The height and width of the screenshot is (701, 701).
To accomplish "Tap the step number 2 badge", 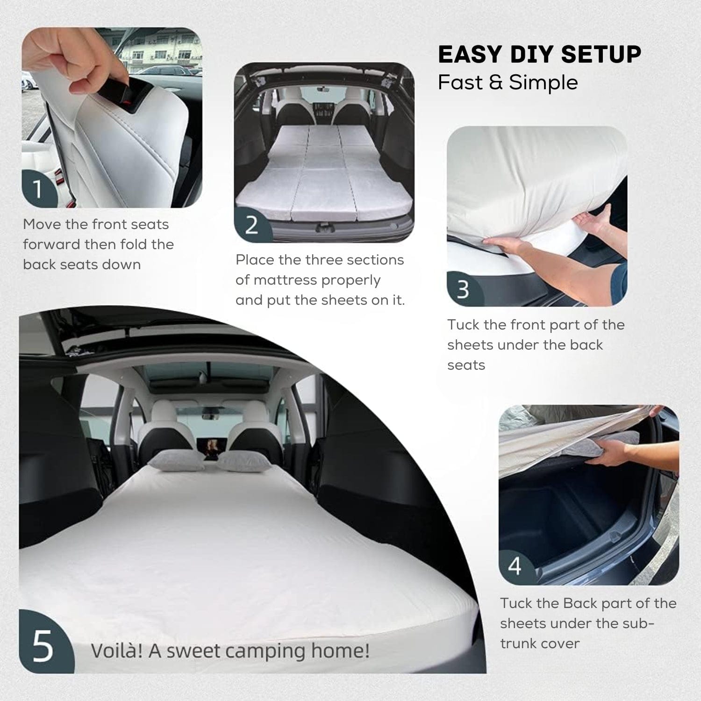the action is click(x=251, y=225).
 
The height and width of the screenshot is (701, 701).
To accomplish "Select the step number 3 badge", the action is click(x=463, y=289).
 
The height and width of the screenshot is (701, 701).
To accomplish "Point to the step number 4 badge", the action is click(x=515, y=566).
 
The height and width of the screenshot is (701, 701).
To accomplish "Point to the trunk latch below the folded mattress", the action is click(x=322, y=228).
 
